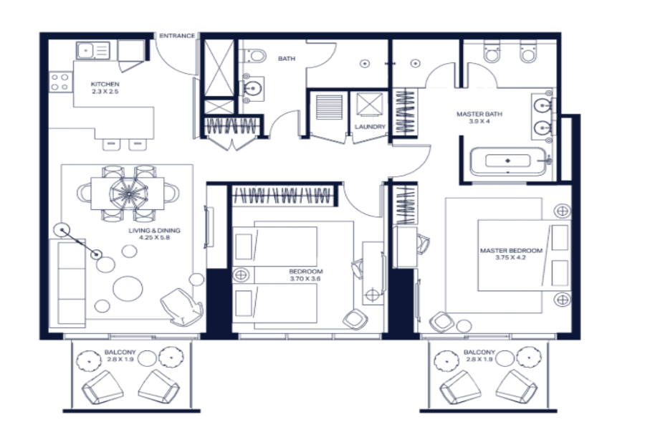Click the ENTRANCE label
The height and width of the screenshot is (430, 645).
(x=177, y=36)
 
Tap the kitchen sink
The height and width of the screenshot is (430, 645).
(x=93, y=51)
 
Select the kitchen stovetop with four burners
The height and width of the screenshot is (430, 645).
(x=60, y=82)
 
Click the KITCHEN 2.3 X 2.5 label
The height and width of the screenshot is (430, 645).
(x=105, y=87)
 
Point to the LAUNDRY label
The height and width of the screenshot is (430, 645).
(x=371, y=127)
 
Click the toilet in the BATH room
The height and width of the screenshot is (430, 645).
(x=254, y=56)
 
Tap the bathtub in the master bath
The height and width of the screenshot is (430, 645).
(x=508, y=161)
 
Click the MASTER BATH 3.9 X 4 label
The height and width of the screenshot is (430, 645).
(x=479, y=118)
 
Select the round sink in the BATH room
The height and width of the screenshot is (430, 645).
(x=252, y=88)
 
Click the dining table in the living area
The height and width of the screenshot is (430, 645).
(x=128, y=193)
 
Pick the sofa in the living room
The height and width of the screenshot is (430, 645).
(x=67, y=282)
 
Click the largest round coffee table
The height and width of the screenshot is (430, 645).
(x=128, y=288)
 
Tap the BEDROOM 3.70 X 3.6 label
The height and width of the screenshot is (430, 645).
(x=305, y=275)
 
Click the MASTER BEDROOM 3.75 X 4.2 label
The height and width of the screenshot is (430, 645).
(x=511, y=254)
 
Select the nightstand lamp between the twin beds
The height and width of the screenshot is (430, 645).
(x=241, y=275)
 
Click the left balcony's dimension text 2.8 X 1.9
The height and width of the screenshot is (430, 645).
(x=120, y=359)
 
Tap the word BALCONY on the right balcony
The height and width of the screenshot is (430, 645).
(x=479, y=352)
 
